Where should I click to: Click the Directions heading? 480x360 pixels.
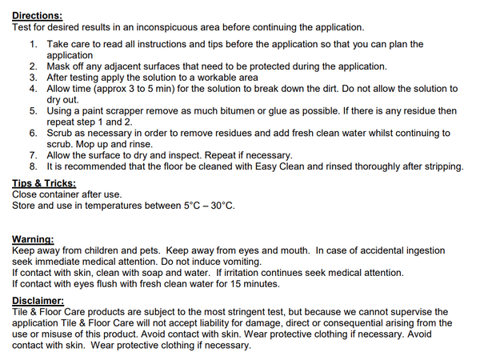click(37, 15)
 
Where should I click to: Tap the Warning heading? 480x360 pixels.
click(34, 239)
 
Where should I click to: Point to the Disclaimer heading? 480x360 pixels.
click(40, 300)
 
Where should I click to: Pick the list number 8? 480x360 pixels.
click(33, 166)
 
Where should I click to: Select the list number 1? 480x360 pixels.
click(33, 44)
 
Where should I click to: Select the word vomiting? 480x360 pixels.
click(241, 262)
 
